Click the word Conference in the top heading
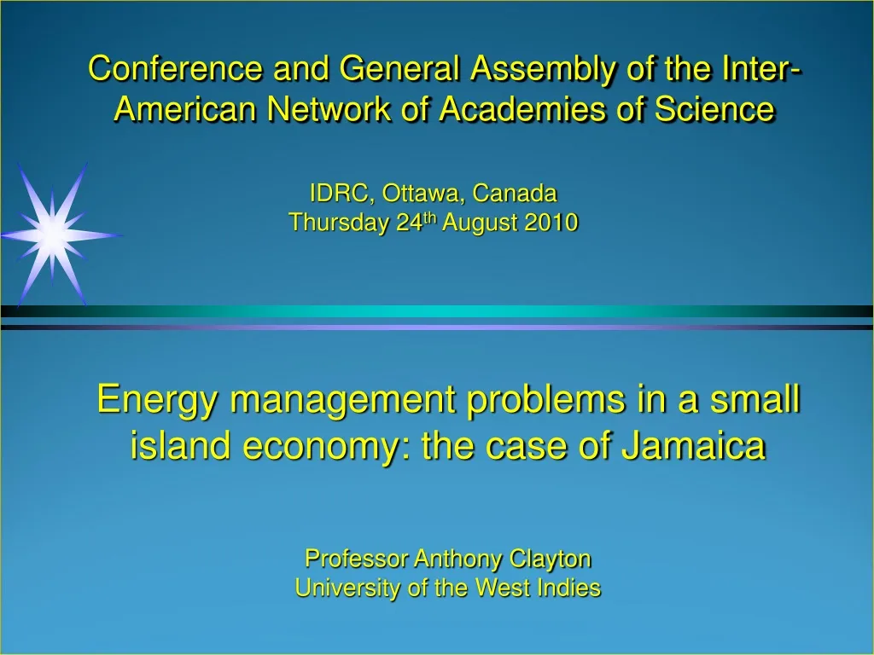pos(175,68)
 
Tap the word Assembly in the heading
pos(544,70)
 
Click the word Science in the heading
pos(714,108)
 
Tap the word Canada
pos(515,194)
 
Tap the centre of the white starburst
pos(52,235)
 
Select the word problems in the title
pos(545,401)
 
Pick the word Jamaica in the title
pos(694,445)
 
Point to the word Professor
pos(356,559)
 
